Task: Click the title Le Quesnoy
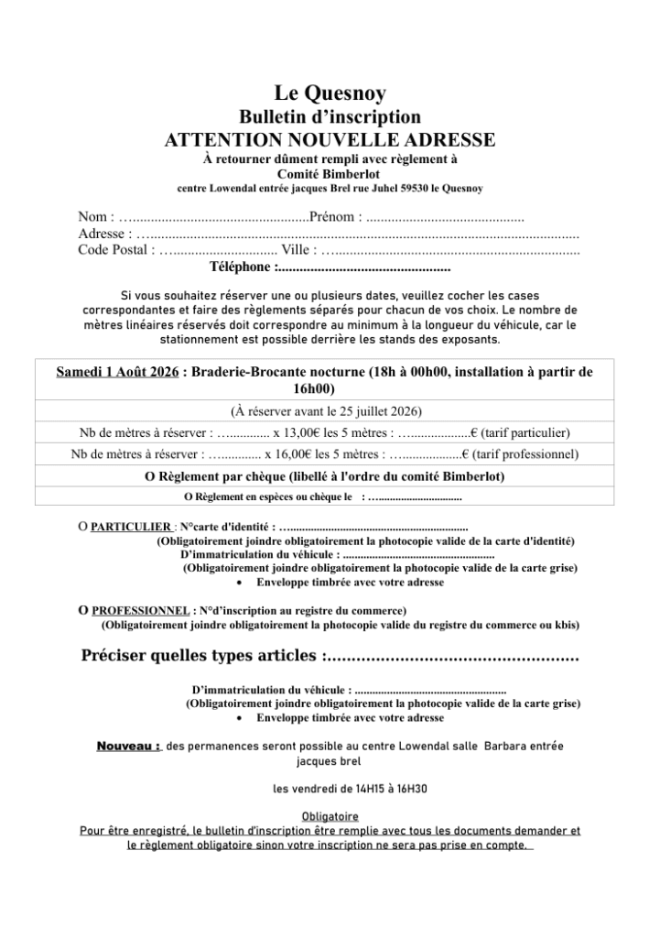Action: tap(330, 93)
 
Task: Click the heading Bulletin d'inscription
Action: tap(330, 116)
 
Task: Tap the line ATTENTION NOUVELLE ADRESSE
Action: tap(330, 140)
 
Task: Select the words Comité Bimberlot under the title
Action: tap(330, 173)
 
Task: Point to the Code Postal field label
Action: tap(114, 249)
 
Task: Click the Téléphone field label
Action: tap(242, 267)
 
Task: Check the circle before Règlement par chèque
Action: tap(150, 476)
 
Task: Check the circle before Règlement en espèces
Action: tap(188, 497)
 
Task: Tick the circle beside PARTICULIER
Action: tap(82, 528)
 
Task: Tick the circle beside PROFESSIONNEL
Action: tap(83, 610)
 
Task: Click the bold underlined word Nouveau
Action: tap(129, 747)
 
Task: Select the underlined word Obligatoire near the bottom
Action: tap(330, 816)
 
